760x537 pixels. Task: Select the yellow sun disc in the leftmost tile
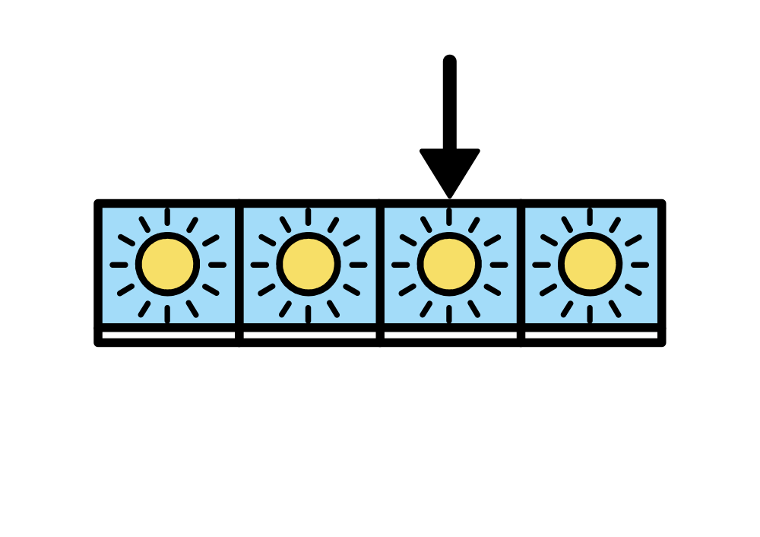(168, 265)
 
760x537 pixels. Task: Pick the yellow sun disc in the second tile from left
(309, 265)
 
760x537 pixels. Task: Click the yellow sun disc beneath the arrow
(449, 265)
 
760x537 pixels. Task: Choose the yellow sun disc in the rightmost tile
(591, 265)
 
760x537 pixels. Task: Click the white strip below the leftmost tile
(169, 335)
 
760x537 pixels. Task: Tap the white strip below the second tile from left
(309, 335)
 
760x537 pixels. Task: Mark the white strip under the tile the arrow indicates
(450, 335)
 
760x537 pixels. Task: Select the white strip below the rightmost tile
(591, 335)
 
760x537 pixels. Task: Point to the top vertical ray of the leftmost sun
(168, 217)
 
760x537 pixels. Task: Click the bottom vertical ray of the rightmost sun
(591, 313)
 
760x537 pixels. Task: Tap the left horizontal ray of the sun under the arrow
(401, 265)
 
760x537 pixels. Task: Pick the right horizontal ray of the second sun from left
(357, 265)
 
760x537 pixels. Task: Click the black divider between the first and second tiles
(239, 266)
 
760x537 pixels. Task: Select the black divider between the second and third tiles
(379, 266)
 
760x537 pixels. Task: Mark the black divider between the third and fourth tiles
(521, 266)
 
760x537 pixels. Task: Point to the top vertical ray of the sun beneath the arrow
(449, 217)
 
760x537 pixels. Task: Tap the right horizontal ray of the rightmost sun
(639, 265)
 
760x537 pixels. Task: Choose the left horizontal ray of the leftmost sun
(119, 265)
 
